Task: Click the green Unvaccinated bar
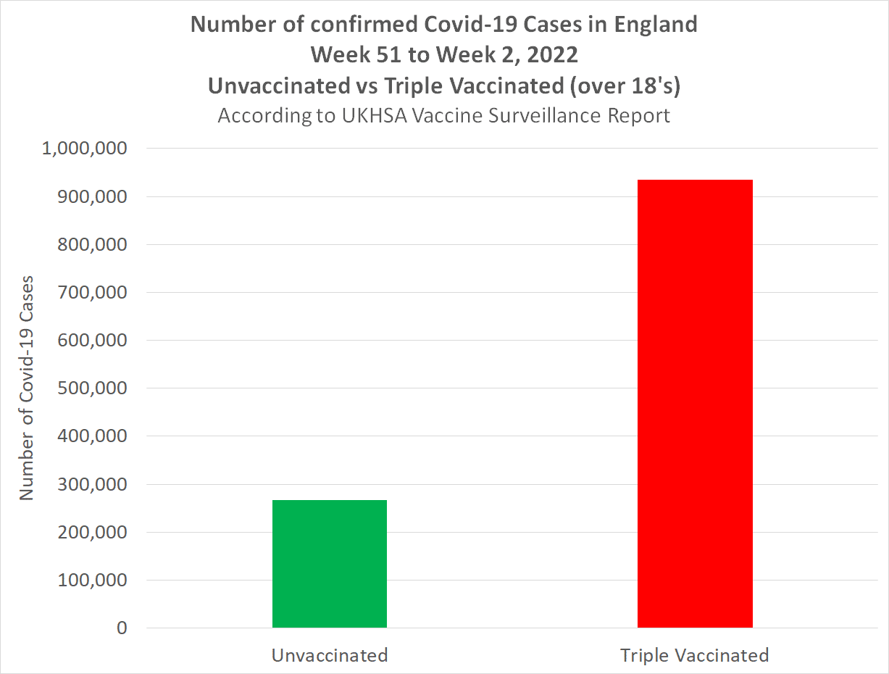(329, 563)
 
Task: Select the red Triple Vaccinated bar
(695, 403)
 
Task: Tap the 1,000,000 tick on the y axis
(85, 149)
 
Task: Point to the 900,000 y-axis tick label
(92, 196)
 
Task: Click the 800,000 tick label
(92, 244)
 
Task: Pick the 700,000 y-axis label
(92, 292)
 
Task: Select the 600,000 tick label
(92, 340)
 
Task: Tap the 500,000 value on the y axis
(92, 388)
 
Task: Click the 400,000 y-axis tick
(92, 436)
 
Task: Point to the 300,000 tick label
(92, 484)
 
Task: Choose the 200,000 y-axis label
(92, 532)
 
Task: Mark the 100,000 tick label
(92, 580)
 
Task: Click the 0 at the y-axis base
(121, 628)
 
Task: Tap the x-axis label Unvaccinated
(330, 655)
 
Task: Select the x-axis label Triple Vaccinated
(694, 655)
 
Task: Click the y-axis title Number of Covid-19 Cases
(27, 388)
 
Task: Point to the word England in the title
(656, 25)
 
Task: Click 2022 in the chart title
(554, 55)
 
